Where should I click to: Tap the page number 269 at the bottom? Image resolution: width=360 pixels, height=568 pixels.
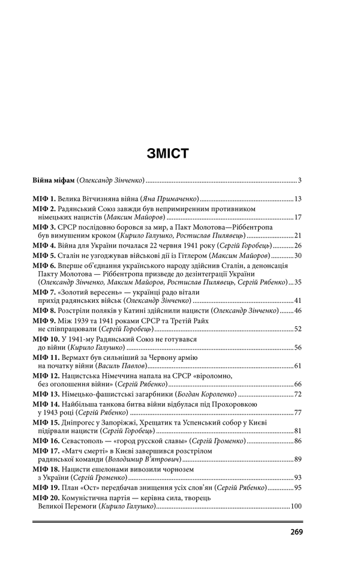296,531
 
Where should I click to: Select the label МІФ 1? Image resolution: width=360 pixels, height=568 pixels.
44,198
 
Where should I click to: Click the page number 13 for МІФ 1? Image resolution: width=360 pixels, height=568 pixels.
296,198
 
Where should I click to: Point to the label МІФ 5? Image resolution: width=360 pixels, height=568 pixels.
44,256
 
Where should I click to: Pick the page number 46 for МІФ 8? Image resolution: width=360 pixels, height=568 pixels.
296,311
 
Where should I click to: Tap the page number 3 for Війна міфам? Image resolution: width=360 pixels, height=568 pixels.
299,180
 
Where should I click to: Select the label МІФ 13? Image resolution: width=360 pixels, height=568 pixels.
46,393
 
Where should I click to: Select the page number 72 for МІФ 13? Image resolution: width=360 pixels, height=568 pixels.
296,393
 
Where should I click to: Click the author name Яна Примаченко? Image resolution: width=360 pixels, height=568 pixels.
169,198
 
